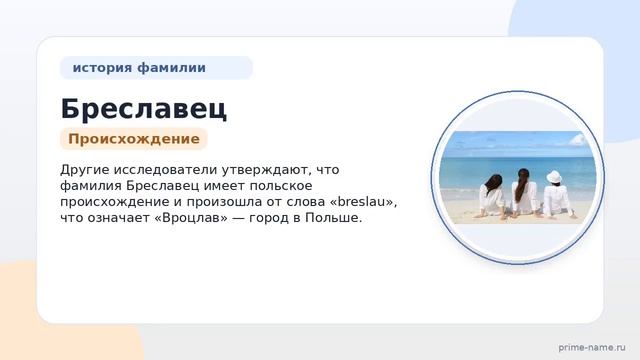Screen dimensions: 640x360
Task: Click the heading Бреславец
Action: pos(143,109)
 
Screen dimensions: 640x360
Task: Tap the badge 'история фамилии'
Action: pos(156,68)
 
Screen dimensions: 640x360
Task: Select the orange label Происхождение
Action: pos(134,139)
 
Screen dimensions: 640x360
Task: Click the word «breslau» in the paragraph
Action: pos(363,202)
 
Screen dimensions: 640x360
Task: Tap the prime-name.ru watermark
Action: pos(592,347)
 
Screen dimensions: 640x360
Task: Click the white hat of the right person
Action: pos(554,177)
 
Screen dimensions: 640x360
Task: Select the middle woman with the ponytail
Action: pos(524,192)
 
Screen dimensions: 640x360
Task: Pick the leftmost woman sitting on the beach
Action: pos(491,196)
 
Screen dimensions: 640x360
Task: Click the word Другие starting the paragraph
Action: pos(84,170)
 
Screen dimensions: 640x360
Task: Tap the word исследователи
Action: pos(165,169)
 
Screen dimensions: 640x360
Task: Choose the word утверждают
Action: pos(267,169)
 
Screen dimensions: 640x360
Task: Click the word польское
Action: pos(281,186)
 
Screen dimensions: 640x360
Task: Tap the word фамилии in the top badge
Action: pos(171,68)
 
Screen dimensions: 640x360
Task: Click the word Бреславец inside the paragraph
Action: pos(162,186)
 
